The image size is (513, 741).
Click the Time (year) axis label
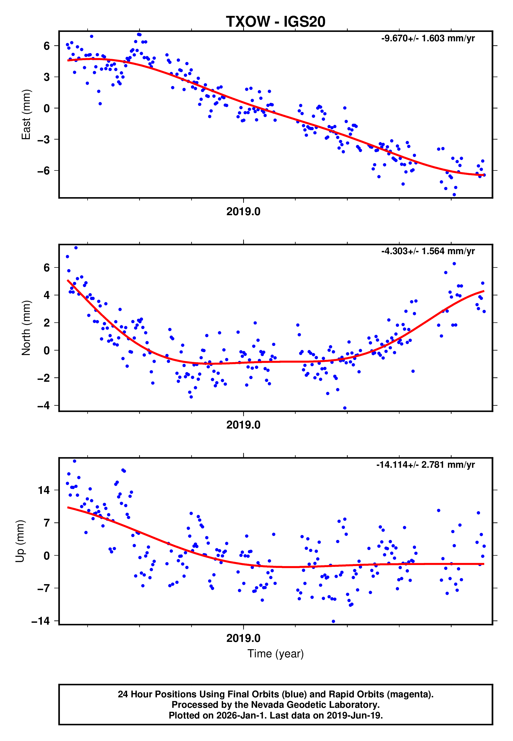click(x=276, y=654)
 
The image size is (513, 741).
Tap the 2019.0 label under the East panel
click(x=243, y=212)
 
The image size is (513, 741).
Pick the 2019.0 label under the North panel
click(x=243, y=425)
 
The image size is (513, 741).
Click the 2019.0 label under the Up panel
click(x=243, y=638)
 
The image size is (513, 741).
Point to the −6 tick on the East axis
click(x=43, y=171)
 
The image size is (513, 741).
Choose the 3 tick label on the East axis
click(x=47, y=77)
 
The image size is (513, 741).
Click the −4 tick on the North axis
click(x=43, y=406)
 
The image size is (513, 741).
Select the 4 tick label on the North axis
click(x=47, y=295)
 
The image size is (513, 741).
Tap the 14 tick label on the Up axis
click(x=44, y=490)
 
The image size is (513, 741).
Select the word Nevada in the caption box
click(x=265, y=705)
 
